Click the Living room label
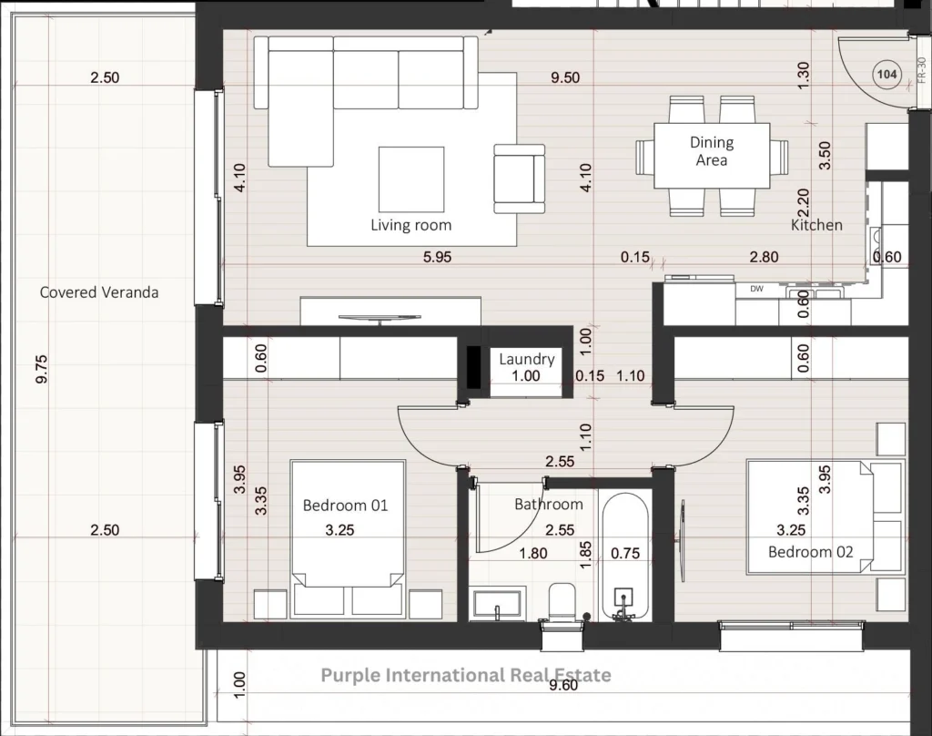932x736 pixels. click(410, 225)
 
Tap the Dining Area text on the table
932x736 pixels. click(712, 151)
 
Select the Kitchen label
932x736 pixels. click(816, 225)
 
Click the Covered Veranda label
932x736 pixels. click(99, 292)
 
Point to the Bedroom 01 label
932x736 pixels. click(345, 506)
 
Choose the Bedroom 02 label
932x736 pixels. click(811, 552)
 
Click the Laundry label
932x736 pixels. click(527, 359)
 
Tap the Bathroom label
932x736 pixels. click(549, 504)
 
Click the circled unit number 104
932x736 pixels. click(886, 75)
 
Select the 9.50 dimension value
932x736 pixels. click(564, 77)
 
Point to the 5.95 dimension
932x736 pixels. click(437, 257)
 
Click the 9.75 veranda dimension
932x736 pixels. click(41, 369)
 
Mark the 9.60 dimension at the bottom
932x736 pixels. click(562, 685)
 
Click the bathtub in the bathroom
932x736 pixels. click(625, 557)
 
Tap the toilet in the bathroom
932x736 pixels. click(562, 602)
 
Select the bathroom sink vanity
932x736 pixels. click(497, 604)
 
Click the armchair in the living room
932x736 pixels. click(519, 179)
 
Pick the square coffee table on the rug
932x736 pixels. click(411, 179)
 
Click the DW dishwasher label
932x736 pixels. click(756, 289)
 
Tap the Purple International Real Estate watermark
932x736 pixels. click(466, 675)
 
